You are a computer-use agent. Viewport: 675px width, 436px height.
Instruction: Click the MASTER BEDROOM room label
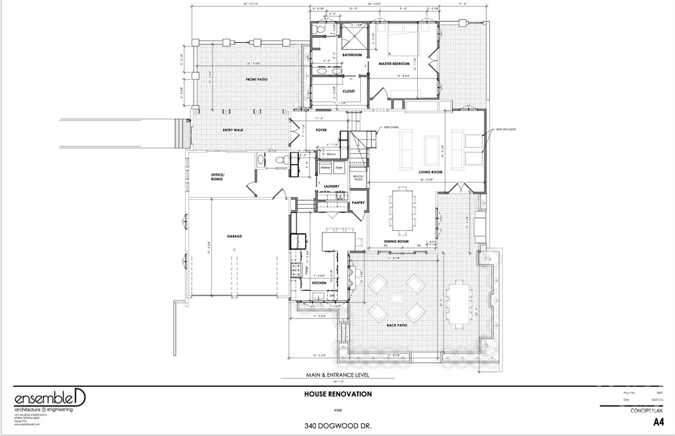[x=393, y=64]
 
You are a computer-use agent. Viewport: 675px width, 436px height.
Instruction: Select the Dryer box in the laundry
[x=339, y=167]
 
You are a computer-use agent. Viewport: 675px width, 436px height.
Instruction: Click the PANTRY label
[x=358, y=203]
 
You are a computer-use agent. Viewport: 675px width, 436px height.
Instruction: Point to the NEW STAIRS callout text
[x=392, y=128]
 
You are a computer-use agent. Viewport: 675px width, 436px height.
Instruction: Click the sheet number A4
[x=658, y=422]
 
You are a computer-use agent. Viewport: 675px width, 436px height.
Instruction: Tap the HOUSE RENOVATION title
[x=337, y=394]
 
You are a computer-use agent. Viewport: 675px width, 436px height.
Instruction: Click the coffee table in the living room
[x=429, y=148]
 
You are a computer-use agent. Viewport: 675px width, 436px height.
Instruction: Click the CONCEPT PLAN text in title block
[x=647, y=410]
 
